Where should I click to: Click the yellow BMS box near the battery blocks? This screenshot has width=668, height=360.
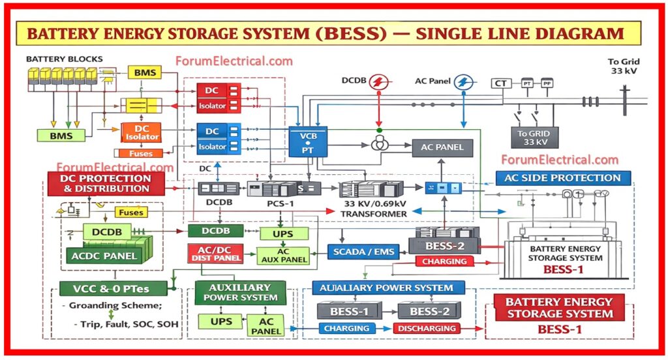point(145,72)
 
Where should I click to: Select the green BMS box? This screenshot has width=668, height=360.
point(62,136)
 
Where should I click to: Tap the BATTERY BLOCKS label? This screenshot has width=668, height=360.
point(64,59)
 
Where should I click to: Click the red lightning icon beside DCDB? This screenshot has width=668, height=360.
point(378,82)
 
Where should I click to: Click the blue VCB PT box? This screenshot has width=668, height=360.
point(308,143)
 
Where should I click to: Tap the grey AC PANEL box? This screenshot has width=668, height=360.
point(442,147)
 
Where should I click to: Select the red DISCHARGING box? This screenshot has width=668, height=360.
point(427,328)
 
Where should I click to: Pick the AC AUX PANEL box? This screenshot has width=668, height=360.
point(283,256)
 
